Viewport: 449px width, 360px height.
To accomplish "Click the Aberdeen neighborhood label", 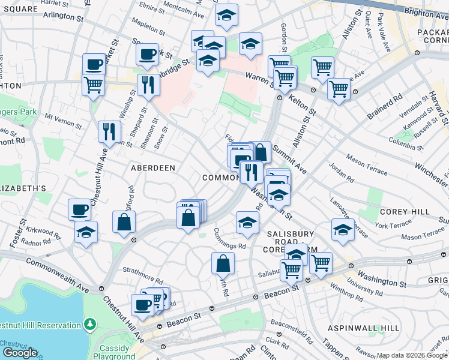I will point(153,169).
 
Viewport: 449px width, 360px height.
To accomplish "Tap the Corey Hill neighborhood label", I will point(405,212).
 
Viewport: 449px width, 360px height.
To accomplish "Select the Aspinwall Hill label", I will point(363,328).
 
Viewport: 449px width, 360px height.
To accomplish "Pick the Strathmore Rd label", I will point(143,280).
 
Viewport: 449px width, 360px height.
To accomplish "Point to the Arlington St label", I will point(62,19).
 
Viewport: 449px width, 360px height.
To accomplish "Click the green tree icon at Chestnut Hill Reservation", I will point(90,325).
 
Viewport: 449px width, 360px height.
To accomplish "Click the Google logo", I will point(20,353).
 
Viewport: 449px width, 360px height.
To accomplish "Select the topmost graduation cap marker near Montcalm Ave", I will point(226,16).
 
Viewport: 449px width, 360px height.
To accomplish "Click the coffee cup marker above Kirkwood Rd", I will point(80,209).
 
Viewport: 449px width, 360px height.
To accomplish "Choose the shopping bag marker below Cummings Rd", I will point(223,263).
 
